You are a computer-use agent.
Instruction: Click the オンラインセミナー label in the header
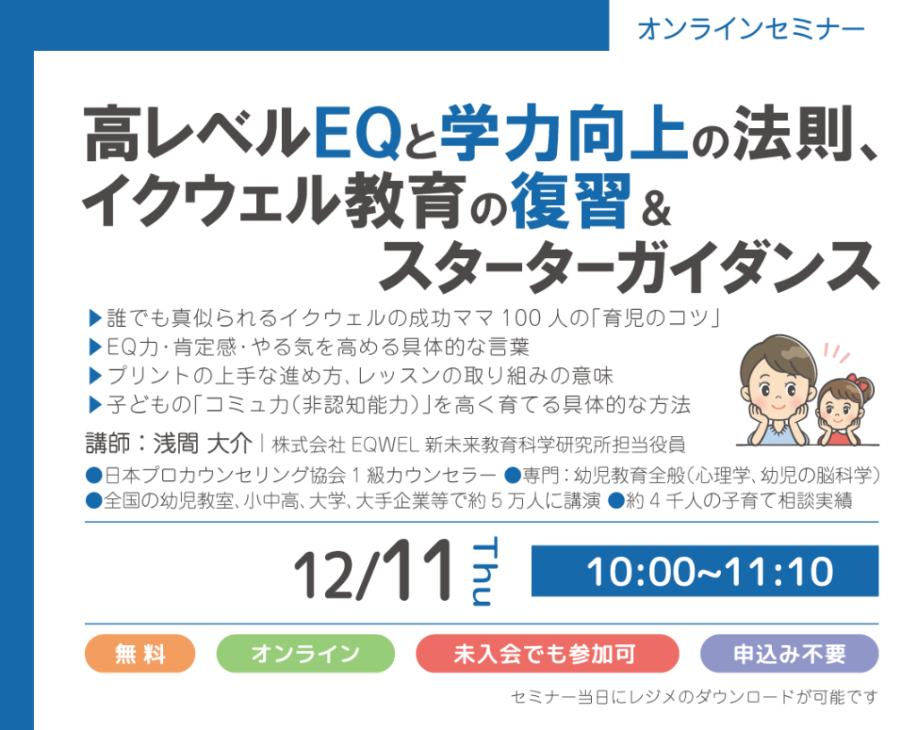click(x=750, y=30)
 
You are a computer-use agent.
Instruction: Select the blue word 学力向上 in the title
click(x=563, y=133)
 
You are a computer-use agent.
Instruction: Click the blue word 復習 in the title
click(x=570, y=201)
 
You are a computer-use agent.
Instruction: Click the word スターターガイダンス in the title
click(x=630, y=266)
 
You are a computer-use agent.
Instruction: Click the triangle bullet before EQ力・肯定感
click(x=95, y=347)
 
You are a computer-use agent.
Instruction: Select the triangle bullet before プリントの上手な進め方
click(x=95, y=375)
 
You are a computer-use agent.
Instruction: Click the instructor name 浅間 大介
click(x=202, y=443)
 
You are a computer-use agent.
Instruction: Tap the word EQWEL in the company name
click(x=385, y=445)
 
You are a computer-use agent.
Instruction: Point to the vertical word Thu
click(x=483, y=571)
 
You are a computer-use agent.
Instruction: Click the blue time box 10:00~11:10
click(x=705, y=571)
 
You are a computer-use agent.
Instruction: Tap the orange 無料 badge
click(x=140, y=653)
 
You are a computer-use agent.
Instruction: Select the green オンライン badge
click(x=305, y=653)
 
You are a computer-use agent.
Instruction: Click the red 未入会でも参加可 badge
click(x=547, y=653)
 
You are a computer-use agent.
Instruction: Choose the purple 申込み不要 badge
click(x=790, y=653)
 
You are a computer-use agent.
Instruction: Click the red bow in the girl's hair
click(x=854, y=381)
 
